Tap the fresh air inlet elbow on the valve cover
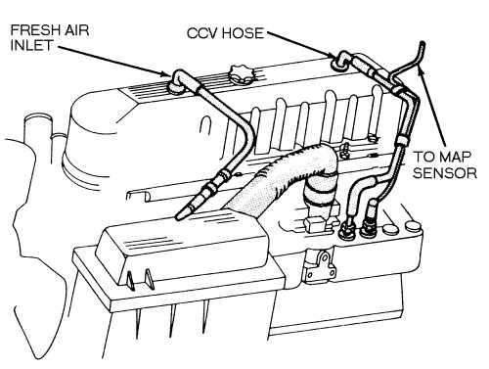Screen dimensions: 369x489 (179, 82)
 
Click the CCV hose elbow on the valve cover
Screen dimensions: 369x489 (343, 61)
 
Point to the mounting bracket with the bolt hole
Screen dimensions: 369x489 (317, 262)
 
